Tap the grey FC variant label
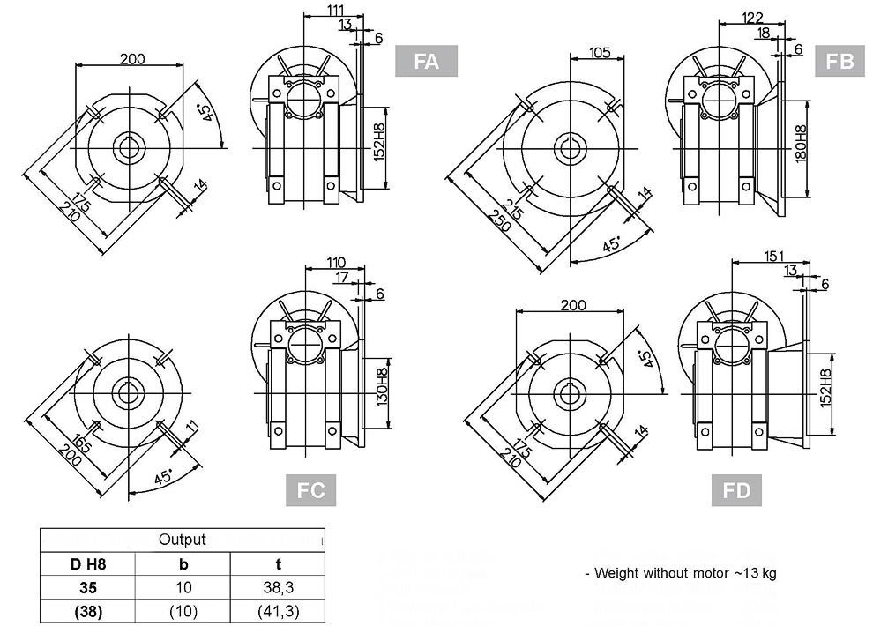(x=311, y=491)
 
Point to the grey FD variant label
(x=736, y=491)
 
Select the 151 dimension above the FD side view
(x=773, y=256)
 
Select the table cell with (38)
(x=87, y=609)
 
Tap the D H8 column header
(x=87, y=563)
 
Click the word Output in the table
(x=182, y=540)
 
